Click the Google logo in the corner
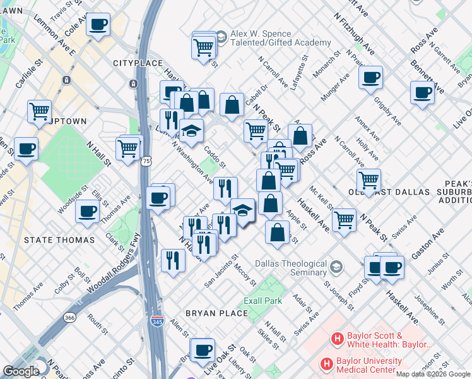click(x=21, y=371)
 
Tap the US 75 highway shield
click(x=146, y=162)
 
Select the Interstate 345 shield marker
click(x=157, y=322)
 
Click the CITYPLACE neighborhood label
click(x=134, y=63)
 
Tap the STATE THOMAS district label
click(x=59, y=240)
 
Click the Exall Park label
click(x=263, y=301)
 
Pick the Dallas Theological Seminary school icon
click(x=336, y=265)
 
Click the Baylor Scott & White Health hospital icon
click(x=338, y=339)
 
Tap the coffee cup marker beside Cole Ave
click(x=98, y=25)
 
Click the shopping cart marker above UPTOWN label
click(x=39, y=111)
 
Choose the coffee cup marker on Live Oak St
click(x=203, y=349)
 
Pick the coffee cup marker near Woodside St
click(x=87, y=211)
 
